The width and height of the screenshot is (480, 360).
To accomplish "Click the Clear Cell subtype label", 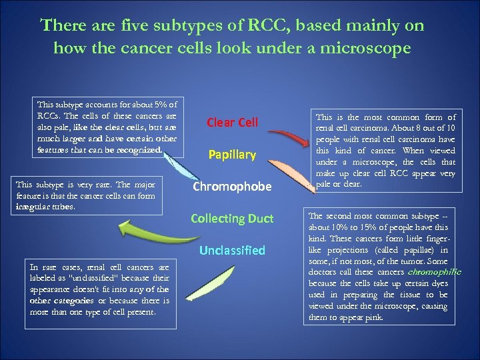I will pos(232,122).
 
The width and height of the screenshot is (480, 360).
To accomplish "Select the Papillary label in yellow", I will pos(232,155).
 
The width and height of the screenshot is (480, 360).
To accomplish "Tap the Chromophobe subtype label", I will pos(232,187).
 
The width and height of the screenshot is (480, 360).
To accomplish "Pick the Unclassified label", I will pos(232,251).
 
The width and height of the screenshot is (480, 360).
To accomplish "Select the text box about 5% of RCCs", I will pos(108,127).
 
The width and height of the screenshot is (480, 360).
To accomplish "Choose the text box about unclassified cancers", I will pos(100,293).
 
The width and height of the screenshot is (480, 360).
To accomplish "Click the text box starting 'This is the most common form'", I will pos(385,150).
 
